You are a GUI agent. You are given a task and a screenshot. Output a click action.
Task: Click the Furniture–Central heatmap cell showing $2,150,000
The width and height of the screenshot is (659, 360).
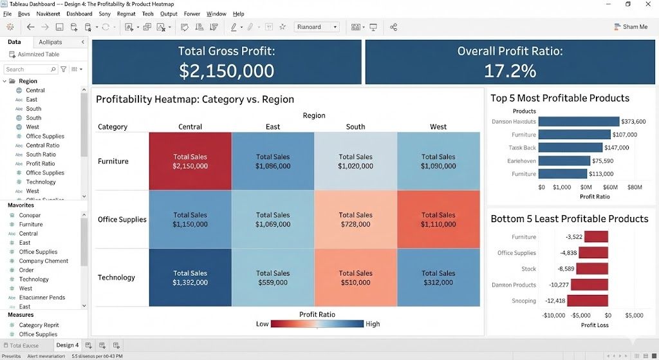(190, 161)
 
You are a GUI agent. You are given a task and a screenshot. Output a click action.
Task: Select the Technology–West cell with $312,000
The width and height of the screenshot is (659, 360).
(438, 278)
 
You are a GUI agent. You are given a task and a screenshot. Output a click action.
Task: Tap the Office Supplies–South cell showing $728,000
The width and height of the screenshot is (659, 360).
(355, 220)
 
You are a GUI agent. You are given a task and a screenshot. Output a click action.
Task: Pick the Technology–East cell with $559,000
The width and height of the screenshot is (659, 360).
(273, 278)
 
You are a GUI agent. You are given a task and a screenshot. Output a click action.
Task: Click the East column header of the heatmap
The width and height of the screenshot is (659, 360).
(273, 127)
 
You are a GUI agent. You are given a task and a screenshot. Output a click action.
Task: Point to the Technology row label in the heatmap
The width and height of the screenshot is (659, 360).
(116, 278)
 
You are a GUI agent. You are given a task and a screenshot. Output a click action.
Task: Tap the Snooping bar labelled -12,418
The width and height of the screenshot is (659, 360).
(588, 301)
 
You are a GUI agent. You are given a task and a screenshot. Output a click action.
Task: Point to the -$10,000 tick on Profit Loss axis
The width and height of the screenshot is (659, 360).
(553, 316)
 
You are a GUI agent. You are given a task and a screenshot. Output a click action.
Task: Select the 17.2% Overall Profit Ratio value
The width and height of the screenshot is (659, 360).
(510, 70)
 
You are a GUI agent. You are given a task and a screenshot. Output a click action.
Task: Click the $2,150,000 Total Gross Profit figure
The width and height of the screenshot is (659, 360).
(227, 70)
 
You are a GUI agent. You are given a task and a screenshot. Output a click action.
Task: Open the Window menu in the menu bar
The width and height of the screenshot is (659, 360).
(216, 14)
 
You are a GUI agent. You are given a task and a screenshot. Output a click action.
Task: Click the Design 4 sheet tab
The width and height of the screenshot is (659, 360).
(67, 345)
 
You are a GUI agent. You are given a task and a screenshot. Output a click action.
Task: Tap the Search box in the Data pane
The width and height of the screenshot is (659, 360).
(30, 69)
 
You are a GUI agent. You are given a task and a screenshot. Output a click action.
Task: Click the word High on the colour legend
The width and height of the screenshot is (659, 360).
(373, 324)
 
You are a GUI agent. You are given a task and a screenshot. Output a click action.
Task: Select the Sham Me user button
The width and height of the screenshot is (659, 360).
(631, 27)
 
